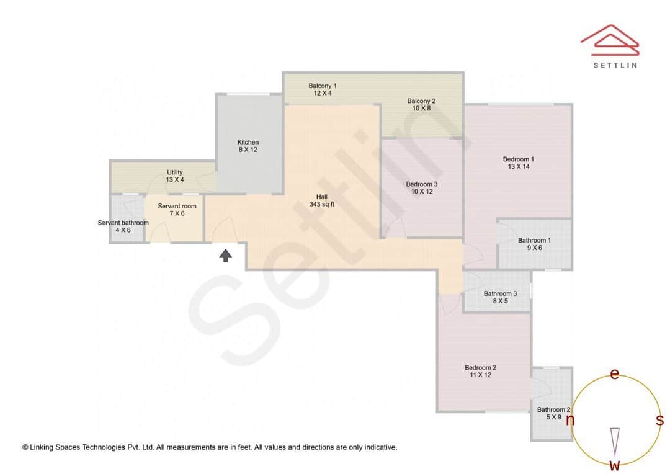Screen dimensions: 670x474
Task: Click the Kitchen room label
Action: coord(248,142)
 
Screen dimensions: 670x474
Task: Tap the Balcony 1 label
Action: coord(322,86)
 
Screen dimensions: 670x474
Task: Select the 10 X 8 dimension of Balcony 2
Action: coord(421,109)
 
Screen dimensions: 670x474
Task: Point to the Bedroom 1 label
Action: coord(518,159)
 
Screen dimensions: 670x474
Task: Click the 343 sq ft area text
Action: coord(322,204)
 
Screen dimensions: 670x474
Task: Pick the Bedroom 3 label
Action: coord(422,184)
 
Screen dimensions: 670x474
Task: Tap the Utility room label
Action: coord(175,172)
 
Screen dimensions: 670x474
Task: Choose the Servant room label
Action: coord(177,206)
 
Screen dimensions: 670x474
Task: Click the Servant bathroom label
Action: coord(123,223)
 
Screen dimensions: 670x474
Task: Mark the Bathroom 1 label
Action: coord(534,240)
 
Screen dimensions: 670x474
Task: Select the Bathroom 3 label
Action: coord(500,293)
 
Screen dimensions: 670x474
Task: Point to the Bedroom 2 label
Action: coord(480,367)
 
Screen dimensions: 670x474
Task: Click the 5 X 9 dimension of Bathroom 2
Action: coord(554,417)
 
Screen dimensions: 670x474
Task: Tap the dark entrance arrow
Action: coord(226,256)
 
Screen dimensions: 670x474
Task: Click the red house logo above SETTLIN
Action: coord(610,40)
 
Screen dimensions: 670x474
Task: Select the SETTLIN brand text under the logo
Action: coord(615,65)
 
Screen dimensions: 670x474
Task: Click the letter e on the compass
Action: coord(614,374)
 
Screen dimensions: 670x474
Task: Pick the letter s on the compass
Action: coord(659,420)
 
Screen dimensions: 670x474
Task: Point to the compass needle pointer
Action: coord(615,442)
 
